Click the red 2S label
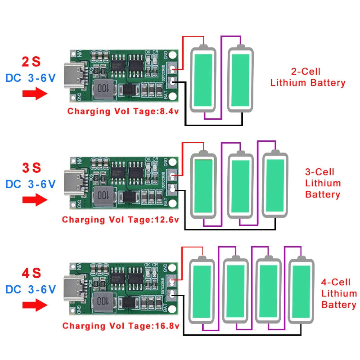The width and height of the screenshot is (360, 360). pos(31,62)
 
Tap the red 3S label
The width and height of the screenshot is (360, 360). pos(31,168)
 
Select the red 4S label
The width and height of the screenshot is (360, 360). pos(31,273)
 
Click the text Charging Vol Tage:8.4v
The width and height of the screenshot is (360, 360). pos(123,112)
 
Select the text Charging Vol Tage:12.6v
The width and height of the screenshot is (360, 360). pos(121,220)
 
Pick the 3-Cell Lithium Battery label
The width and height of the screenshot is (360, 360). pos(323,183)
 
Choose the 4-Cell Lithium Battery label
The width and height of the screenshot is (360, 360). pos(339,294)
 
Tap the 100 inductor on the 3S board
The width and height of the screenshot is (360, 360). pos(103,195)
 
